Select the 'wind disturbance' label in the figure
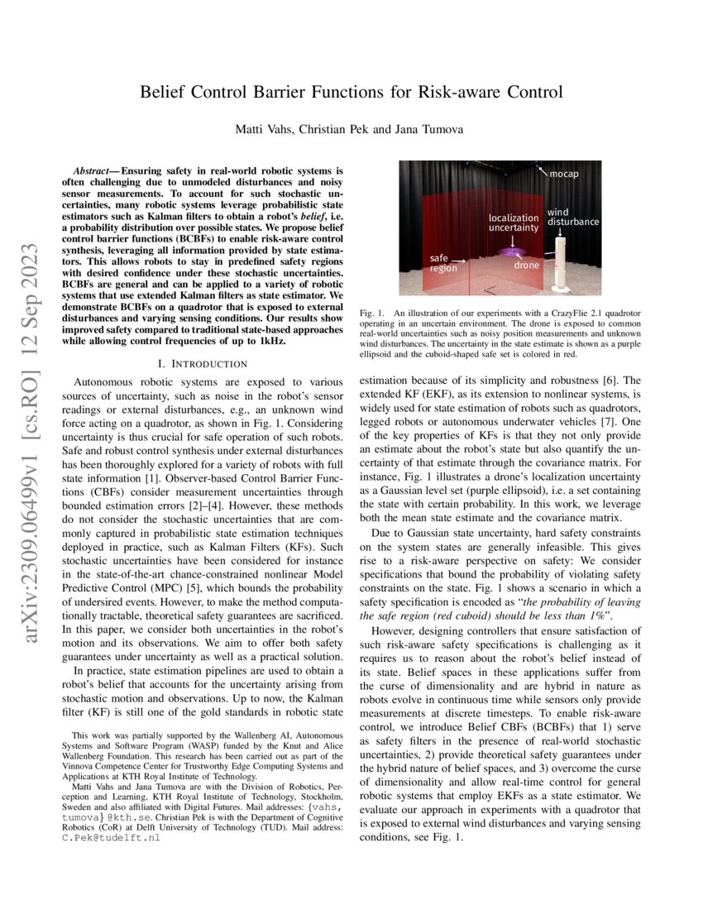[x=572, y=217]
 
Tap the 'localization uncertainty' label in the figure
[x=513, y=222]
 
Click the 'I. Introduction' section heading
[x=202, y=363]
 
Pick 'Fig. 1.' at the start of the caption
[x=375, y=314]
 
